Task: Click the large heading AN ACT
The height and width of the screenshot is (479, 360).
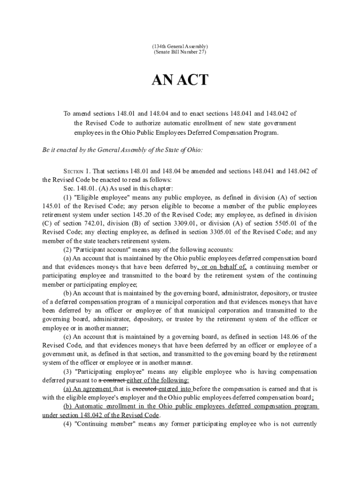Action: [180, 80]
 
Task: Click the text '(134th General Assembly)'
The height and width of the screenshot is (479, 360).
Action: [180, 46]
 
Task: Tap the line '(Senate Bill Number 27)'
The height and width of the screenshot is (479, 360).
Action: [180, 52]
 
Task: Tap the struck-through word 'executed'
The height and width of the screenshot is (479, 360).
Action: [145, 389]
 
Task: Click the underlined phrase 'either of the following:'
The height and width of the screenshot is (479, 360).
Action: [158, 380]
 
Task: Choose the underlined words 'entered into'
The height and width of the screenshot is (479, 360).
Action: [175, 389]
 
